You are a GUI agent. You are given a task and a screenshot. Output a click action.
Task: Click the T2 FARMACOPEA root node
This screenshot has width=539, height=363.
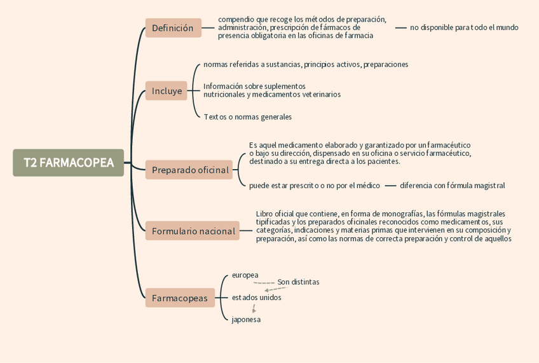point(69,163)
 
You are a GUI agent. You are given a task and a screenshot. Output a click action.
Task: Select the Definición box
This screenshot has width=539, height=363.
point(173,28)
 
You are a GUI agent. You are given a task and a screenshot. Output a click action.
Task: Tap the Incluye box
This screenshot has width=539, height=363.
point(167,91)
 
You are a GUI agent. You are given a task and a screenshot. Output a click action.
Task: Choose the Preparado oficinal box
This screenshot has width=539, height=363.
point(189,170)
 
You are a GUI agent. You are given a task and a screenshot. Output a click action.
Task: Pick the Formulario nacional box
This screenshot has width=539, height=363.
point(193,231)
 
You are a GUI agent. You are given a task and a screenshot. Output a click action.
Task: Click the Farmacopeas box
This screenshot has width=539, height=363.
point(180,298)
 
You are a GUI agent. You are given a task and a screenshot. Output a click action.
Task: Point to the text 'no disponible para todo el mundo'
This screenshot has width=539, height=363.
point(464,27)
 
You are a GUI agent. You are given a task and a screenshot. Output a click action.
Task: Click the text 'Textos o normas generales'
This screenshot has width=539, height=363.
point(247,117)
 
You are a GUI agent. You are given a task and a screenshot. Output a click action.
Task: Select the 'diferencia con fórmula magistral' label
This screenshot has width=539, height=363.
point(452,186)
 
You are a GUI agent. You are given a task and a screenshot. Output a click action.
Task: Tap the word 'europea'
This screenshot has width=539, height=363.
point(245,275)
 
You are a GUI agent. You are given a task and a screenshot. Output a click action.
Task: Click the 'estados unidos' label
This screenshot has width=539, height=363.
point(256,298)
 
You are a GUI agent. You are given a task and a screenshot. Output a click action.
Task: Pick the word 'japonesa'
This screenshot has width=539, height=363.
point(246,320)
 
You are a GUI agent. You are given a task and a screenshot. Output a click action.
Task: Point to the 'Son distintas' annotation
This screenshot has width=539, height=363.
point(298,282)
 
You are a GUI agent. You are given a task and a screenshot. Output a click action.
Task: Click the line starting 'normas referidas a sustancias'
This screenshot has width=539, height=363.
point(306,64)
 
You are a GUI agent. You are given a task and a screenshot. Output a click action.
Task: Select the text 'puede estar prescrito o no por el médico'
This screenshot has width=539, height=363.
point(314,186)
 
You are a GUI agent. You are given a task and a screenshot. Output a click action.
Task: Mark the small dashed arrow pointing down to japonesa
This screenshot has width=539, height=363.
point(254,309)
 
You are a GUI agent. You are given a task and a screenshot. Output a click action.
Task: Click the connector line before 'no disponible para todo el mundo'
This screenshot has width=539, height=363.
point(400,27)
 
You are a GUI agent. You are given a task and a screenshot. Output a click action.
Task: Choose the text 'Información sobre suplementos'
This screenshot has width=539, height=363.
point(254,86)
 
